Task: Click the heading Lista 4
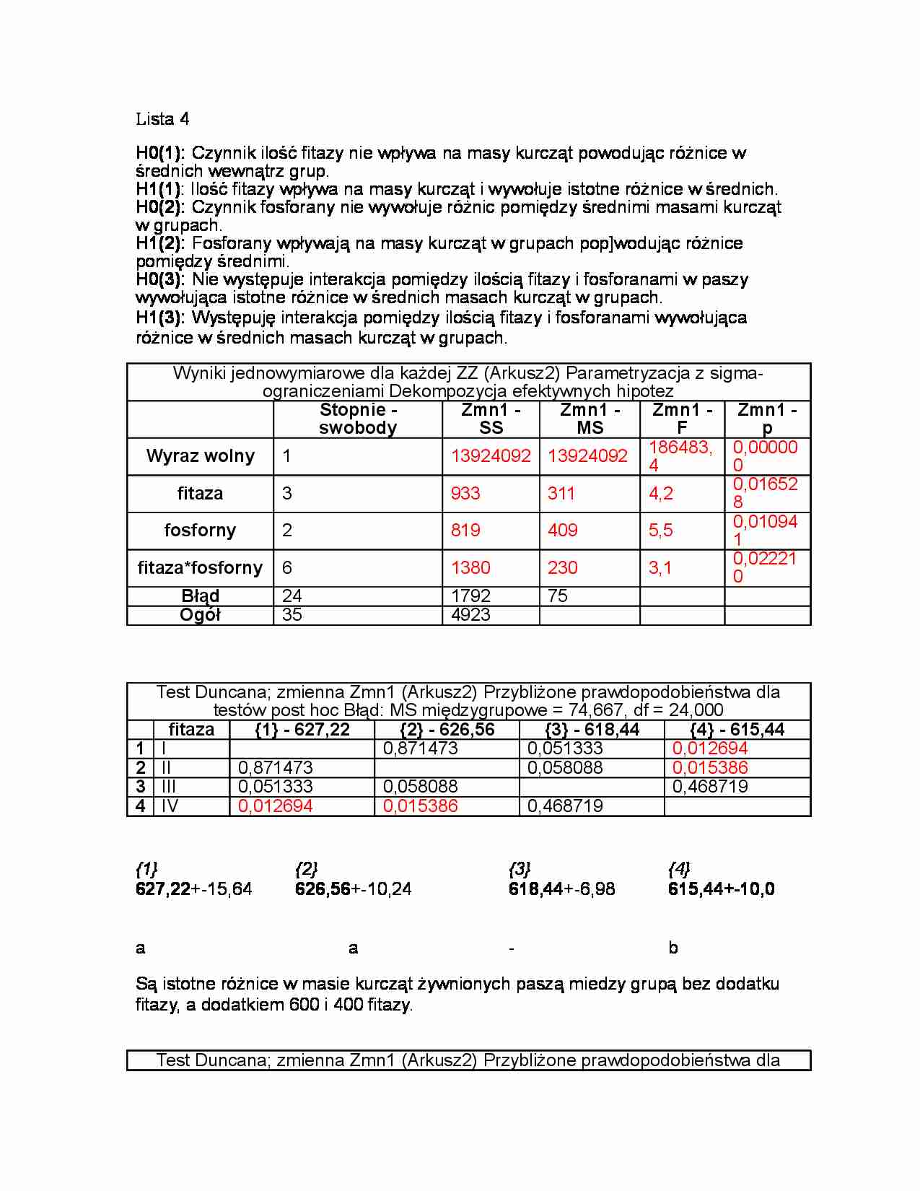[162, 119]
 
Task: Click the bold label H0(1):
[160, 153]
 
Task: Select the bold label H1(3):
[160, 318]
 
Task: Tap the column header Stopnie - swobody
[358, 419]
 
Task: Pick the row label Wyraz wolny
[201, 456]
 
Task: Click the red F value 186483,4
[680, 456]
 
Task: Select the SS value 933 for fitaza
[465, 494]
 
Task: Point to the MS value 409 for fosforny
[562, 531]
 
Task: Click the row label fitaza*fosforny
[200, 568]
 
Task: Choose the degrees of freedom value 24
[292, 596]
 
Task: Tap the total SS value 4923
[470, 615]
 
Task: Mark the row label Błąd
[200, 596]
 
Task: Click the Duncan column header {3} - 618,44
[592, 730]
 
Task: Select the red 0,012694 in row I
[710, 749]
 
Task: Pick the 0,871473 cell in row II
[276, 768]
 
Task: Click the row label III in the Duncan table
[169, 787]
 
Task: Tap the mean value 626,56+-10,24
[353, 889]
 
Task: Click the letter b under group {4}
[673, 948]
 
